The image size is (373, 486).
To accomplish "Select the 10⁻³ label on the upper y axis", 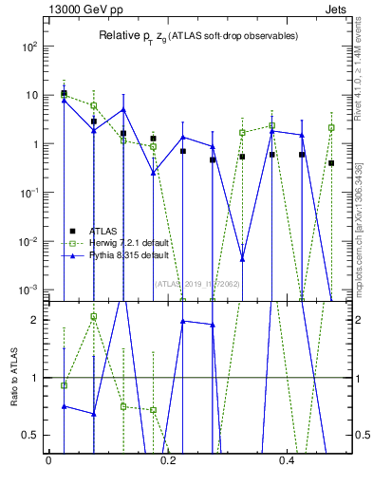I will [29, 289].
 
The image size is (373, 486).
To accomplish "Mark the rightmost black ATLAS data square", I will [331, 163].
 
